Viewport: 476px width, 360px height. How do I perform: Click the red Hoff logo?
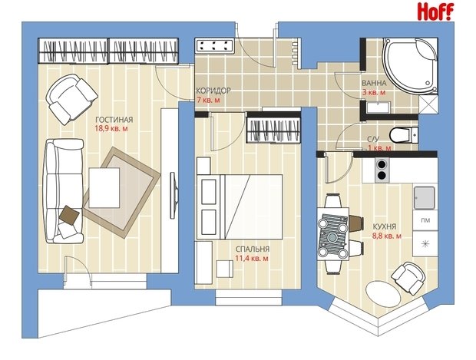tap(435, 12)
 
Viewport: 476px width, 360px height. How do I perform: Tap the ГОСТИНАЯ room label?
tap(114, 120)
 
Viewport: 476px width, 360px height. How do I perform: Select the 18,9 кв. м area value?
tap(111, 129)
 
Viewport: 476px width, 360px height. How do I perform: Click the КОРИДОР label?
tap(213, 91)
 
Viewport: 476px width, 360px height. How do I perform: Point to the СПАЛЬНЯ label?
tap(253, 249)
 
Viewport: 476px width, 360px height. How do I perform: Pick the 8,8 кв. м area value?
tap(387, 236)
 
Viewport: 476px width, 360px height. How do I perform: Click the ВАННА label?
tap(374, 83)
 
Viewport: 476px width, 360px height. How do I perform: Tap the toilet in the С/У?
tap(403, 135)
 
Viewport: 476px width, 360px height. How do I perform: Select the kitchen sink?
tap(425, 197)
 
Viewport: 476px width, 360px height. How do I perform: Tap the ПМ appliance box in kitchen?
tap(425, 220)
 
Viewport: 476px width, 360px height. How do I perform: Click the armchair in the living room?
tap(71, 99)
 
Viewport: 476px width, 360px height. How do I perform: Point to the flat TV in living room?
tap(173, 195)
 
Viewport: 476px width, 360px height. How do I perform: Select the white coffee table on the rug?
tap(104, 187)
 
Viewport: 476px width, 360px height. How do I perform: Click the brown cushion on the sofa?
tap(69, 215)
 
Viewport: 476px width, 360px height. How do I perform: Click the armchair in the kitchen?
tap(408, 277)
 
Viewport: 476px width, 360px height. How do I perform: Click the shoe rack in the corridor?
tap(215, 46)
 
